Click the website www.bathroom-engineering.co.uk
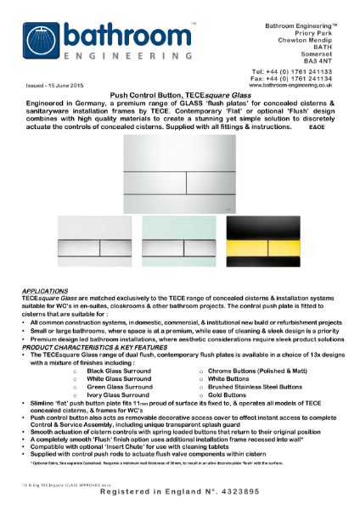tap(290, 86)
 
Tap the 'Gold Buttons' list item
tap(225, 394)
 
